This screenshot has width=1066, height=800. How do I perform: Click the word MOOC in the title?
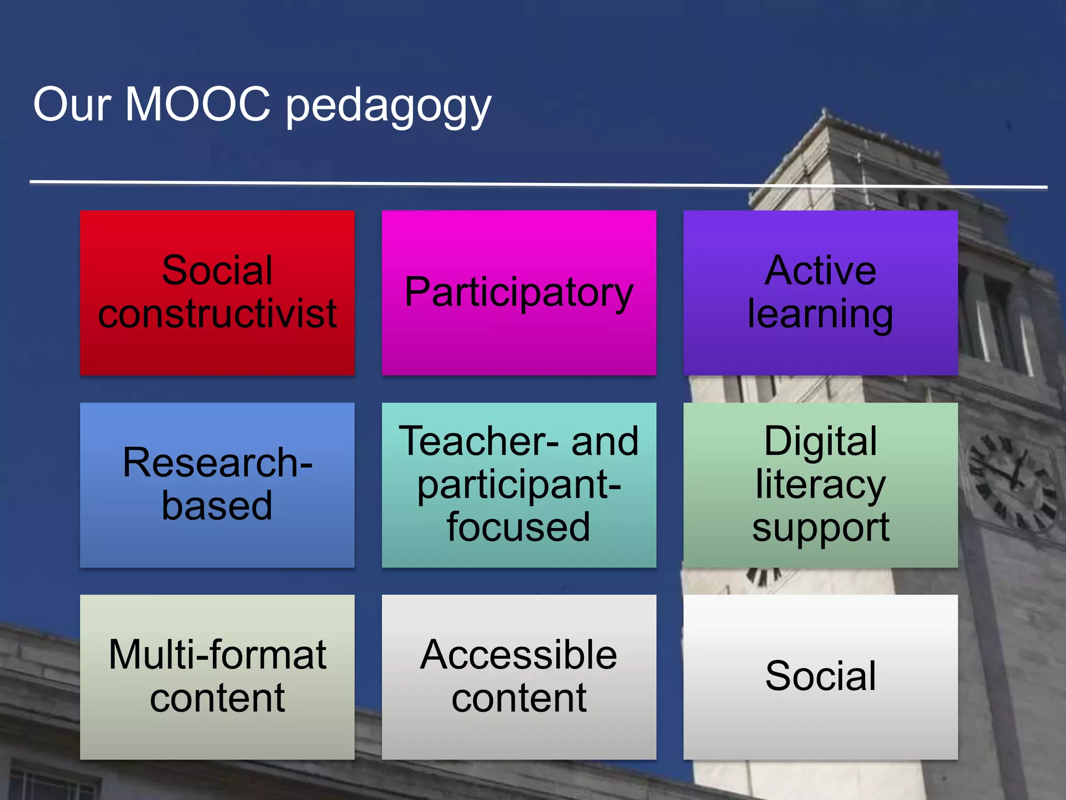click(198, 104)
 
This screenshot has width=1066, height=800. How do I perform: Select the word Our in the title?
click(72, 104)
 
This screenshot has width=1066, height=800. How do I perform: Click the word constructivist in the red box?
click(217, 314)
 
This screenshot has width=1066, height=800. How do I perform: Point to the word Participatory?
click(518, 293)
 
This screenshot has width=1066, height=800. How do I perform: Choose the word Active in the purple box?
click(820, 270)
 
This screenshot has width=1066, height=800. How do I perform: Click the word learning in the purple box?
click(820, 315)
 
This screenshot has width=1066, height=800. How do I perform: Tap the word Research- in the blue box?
click(217, 463)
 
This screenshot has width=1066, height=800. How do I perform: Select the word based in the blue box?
click(217, 505)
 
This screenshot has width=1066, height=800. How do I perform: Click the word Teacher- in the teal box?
click(479, 442)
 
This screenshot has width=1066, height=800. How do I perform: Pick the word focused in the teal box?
click(518, 527)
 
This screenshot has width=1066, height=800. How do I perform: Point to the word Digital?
click(820, 442)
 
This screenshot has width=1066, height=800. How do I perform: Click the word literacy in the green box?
click(820, 485)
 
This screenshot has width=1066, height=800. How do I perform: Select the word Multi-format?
click(217, 655)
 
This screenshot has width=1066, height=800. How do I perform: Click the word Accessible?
click(518, 655)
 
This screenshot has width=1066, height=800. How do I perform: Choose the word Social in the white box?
click(820, 676)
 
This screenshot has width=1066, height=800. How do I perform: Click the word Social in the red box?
click(217, 270)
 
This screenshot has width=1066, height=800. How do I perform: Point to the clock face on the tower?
click(1012, 482)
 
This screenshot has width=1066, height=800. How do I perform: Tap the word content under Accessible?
click(518, 698)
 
